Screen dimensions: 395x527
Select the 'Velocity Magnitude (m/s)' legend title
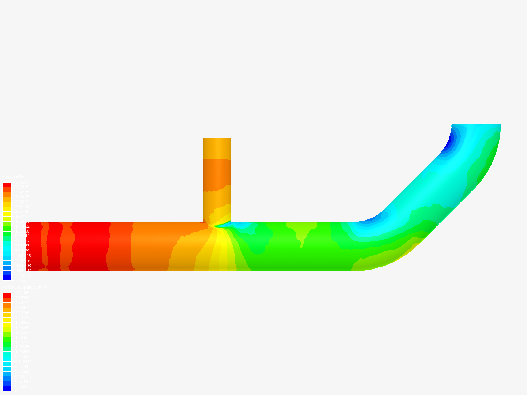click(25, 287)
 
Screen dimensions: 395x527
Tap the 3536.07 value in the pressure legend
click(22, 182)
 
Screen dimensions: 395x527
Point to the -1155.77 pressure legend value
click(22, 275)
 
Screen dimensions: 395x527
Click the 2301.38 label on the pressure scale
click(22, 207)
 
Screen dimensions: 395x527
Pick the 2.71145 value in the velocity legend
click(22, 293)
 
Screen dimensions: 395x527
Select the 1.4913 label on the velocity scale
click(22, 337)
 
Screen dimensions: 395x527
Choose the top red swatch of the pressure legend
click(7, 185)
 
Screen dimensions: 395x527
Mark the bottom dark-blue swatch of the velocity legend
click(7, 388)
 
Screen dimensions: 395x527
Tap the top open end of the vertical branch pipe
click(217, 139)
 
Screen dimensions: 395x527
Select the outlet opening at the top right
click(476, 125)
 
